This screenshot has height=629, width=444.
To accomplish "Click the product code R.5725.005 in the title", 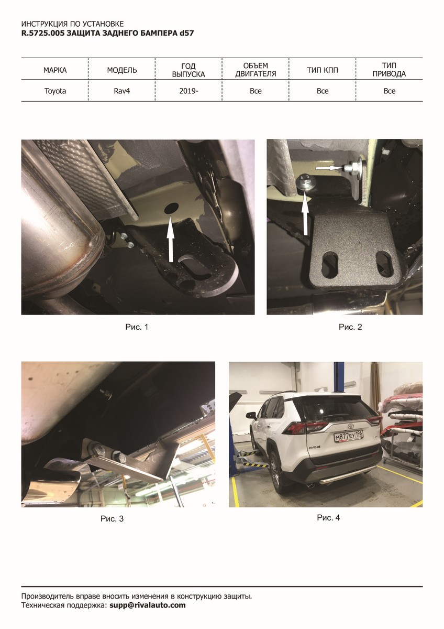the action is coord(43,33).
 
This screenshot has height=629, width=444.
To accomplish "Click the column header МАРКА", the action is coord(55,70).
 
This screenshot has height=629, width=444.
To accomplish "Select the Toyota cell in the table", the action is coord(55,91).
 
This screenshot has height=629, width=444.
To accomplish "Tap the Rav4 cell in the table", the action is coord(121,91).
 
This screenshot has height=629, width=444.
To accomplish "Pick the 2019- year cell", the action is coord(189,91).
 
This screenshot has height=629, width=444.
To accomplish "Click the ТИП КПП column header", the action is coord(323,70).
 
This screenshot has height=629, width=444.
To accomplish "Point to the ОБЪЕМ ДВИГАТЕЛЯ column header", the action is coord(256,70).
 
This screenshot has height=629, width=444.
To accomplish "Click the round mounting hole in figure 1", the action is coord(172,208).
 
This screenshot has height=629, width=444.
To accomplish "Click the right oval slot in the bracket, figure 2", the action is coord(384,263).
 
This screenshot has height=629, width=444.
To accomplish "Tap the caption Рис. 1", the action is coord(137,327).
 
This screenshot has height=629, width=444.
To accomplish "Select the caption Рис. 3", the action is coord(112,518).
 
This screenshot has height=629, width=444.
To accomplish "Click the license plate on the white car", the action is coord(349,436).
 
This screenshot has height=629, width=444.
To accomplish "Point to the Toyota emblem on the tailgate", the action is coord(351,426).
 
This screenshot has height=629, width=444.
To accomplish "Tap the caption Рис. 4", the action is coord(328,518).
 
